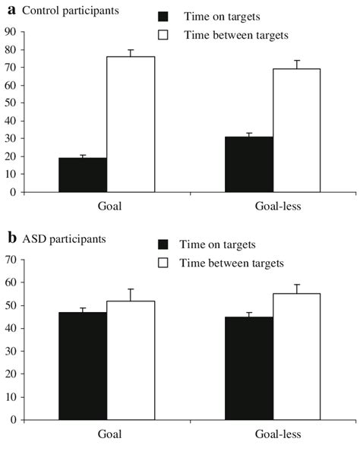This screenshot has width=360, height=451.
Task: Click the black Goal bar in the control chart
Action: click(83, 175)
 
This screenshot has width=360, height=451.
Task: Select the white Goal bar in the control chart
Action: click(131, 125)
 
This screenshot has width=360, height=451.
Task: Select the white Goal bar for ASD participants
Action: click(131, 360)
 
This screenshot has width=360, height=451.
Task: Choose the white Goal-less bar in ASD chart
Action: click(296, 356)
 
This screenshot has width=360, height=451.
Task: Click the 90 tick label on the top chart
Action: click(10, 32)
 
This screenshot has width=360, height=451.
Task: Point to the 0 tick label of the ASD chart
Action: click(13, 419)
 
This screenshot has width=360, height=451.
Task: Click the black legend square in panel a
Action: click(163, 17)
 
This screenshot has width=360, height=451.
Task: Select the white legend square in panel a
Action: click(163, 35)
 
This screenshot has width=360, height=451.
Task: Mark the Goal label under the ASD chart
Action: click(106, 434)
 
